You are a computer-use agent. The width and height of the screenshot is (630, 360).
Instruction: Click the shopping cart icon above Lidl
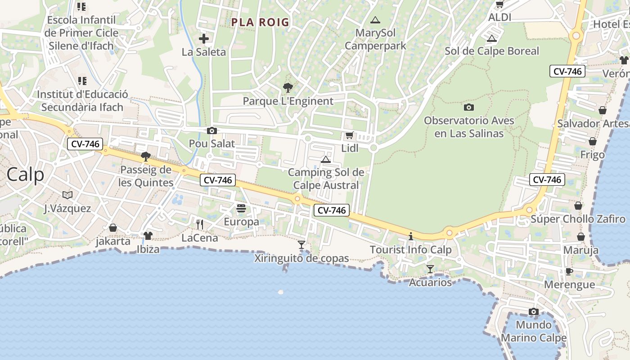(x=349, y=135)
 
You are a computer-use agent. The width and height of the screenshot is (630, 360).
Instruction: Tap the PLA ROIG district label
(x=260, y=22)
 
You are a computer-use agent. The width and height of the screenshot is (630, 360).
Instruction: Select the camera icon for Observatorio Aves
(x=469, y=107)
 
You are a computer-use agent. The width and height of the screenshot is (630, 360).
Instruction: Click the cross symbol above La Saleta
(x=204, y=39)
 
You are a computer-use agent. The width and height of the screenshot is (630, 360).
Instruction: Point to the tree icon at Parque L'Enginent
(x=288, y=88)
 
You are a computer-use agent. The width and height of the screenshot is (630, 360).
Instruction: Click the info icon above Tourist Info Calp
(x=410, y=236)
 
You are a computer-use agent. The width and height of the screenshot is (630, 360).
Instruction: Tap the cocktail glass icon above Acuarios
(x=430, y=269)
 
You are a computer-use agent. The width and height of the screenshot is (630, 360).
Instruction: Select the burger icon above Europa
(x=241, y=208)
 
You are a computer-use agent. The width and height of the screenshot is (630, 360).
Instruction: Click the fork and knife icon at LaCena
(x=200, y=224)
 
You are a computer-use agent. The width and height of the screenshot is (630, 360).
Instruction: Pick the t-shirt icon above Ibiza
(x=148, y=235)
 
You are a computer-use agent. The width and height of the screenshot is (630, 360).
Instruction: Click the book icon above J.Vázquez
(x=67, y=195)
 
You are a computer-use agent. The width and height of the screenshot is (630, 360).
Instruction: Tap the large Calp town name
(x=26, y=175)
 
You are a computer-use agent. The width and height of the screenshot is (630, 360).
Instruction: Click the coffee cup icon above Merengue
(x=569, y=271)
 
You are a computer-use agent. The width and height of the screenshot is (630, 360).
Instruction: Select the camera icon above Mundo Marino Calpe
(x=534, y=311)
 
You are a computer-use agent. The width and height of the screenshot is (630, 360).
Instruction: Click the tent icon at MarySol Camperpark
(x=375, y=20)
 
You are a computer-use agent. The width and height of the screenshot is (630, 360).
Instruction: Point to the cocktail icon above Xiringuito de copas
(x=301, y=245)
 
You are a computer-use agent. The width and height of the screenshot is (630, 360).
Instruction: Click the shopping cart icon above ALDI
(x=499, y=4)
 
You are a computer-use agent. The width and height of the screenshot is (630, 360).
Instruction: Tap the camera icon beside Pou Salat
(x=211, y=131)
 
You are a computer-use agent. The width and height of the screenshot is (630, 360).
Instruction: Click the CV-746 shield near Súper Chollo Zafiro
(x=547, y=180)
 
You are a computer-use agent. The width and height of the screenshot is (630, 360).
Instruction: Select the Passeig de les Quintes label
(x=146, y=176)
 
